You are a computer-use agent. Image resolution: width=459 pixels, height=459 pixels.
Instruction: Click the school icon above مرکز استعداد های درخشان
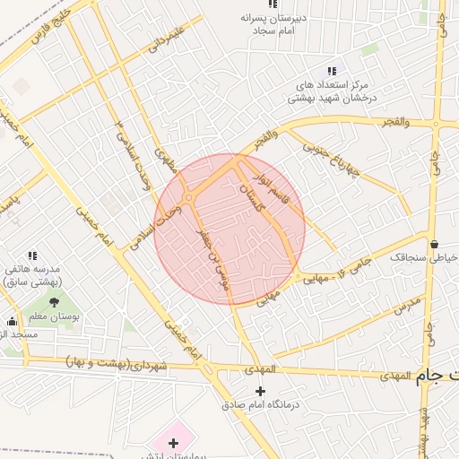pyautogui.click(x=332, y=71)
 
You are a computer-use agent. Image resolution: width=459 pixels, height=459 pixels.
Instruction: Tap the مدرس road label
pyautogui.click(x=406, y=306)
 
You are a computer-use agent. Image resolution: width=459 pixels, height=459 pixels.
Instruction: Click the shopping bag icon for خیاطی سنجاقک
pyautogui.click(x=435, y=243)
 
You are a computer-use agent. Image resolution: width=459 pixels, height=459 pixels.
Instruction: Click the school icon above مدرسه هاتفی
pyautogui.click(x=33, y=255)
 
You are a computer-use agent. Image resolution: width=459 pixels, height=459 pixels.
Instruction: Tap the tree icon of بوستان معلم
pyautogui.click(x=54, y=303)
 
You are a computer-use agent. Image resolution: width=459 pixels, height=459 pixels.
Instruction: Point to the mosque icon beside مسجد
pyautogui.click(x=12, y=321)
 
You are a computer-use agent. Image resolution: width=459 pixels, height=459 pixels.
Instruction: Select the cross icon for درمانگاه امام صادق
pyautogui.click(x=261, y=391)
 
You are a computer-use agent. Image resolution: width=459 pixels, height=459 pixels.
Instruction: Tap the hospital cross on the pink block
pyautogui.click(x=173, y=443)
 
